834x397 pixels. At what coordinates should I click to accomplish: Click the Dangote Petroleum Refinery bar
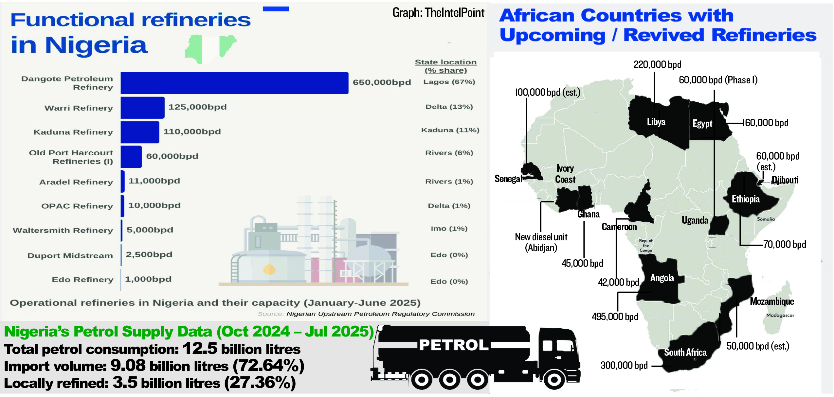pyautogui.click(x=234, y=83)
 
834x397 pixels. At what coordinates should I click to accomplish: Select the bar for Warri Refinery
pyautogui.click(x=142, y=108)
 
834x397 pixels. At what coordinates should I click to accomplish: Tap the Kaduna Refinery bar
pyautogui.click(x=140, y=132)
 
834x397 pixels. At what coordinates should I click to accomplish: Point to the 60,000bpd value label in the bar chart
pyautogui.click(x=172, y=156)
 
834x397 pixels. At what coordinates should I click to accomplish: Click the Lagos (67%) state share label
pyautogui.click(x=449, y=82)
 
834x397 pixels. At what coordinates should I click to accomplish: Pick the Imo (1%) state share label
pyautogui.click(x=449, y=229)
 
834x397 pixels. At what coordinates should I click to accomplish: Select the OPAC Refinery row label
pyautogui.click(x=77, y=206)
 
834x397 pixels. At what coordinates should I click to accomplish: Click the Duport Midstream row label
pyautogui.click(x=70, y=256)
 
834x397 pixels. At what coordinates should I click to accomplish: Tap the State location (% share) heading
pyautogui.click(x=445, y=66)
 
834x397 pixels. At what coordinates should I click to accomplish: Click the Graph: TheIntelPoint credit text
pyautogui.click(x=438, y=13)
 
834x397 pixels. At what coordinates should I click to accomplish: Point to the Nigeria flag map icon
pyautogui.click(x=210, y=49)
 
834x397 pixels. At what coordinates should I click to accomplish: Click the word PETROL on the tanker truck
pyautogui.click(x=454, y=345)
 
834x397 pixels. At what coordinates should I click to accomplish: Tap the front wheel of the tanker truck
pyautogui.click(x=554, y=379)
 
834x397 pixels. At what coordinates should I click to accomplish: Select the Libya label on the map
pyautogui.click(x=656, y=122)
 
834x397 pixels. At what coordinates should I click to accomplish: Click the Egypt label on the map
pyautogui.click(x=702, y=124)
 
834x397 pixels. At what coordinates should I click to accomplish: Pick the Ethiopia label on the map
pyautogui.click(x=746, y=199)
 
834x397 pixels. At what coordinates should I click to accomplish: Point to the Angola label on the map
pyautogui.click(x=662, y=278)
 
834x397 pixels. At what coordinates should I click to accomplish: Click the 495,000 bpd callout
pyautogui.click(x=615, y=317)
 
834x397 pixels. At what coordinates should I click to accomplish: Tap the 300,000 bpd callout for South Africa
pyautogui.click(x=624, y=365)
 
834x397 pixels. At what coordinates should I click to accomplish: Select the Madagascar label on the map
pyautogui.click(x=780, y=315)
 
